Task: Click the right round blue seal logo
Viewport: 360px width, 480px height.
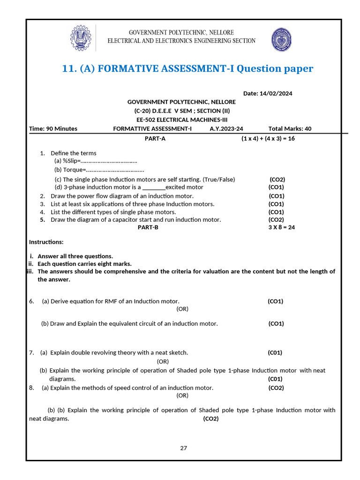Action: click(x=281, y=38)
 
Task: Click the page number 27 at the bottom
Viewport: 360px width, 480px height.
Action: click(x=183, y=448)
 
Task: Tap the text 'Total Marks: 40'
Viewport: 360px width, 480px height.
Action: click(x=290, y=128)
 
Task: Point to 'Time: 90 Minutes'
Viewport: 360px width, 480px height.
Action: click(x=53, y=128)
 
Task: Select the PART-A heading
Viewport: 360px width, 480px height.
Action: click(x=155, y=138)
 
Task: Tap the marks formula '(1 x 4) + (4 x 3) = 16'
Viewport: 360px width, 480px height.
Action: click(x=268, y=138)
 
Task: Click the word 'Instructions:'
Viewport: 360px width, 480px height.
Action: click(x=46, y=242)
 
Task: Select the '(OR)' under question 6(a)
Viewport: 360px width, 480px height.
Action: click(x=182, y=309)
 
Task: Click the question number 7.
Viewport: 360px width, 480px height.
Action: click(x=31, y=352)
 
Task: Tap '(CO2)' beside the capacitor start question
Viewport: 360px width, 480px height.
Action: click(x=276, y=219)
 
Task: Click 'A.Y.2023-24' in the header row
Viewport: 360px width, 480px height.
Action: click(x=226, y=128)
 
